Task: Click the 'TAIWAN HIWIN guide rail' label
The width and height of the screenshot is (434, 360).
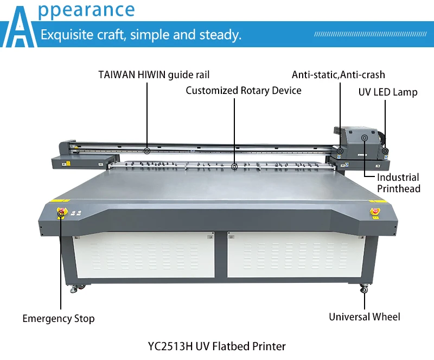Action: (154, 74)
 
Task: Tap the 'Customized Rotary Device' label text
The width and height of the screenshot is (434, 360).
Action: (244, 90)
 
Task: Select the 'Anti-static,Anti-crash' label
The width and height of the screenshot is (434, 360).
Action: (338, 74)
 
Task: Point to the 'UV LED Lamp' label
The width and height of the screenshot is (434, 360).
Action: (388, 92)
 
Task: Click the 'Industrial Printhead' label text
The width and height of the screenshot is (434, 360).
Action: (398, 183)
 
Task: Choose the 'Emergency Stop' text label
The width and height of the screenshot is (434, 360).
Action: (58, 318)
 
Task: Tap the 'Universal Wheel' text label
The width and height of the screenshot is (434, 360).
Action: (365, 317)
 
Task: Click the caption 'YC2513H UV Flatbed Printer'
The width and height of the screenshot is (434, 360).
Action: (216, 345)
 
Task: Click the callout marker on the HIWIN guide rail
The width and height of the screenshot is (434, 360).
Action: (147, 150)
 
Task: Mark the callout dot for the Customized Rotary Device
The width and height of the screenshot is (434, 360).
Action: (234, 167)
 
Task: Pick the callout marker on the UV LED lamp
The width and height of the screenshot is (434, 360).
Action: (385, 150)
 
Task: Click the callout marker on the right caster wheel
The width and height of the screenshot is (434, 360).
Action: (365, 290)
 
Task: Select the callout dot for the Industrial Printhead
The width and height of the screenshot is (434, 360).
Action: (365, 138)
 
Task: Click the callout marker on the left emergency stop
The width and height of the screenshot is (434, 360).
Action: (61, 213)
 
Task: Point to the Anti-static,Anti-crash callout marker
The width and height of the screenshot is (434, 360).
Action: (340, 150)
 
